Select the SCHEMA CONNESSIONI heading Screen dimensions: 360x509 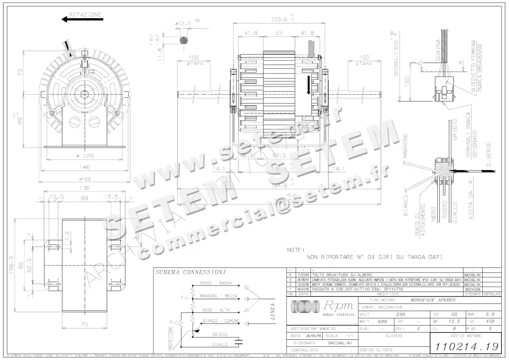[x=190, y=272]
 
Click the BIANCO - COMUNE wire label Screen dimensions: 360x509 [x=221, y=321]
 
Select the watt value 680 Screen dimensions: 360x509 [x=383, y=321]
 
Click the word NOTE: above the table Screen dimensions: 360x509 [x=296, y=250]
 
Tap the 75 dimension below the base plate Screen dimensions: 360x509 [x=84, y=325]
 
